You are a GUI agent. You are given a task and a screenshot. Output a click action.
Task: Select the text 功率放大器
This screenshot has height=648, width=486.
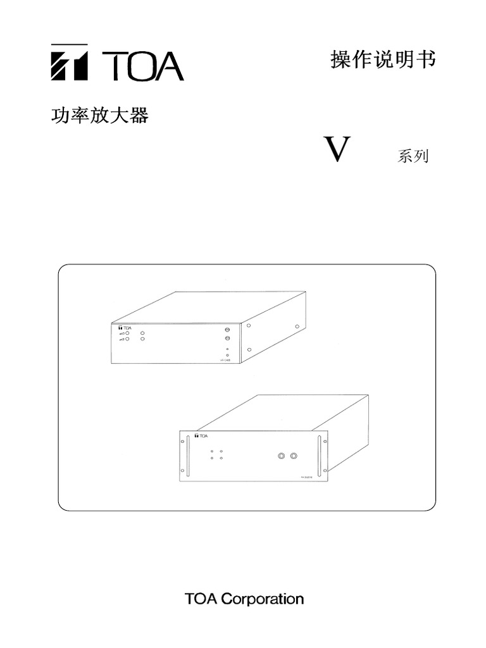coord(99,116)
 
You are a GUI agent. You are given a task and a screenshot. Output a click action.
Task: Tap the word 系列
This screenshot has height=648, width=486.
coord(413,156)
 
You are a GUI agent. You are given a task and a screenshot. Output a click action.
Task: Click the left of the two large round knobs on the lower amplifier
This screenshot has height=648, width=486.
coord(282,455)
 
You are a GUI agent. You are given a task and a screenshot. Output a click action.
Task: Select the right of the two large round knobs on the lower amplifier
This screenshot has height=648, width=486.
coord(294,455)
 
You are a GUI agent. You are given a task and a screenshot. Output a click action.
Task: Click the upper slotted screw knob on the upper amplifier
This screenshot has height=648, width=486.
coord(227,330)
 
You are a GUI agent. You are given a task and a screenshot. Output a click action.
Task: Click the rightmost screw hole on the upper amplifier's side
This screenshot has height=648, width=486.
coord(297,327)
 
